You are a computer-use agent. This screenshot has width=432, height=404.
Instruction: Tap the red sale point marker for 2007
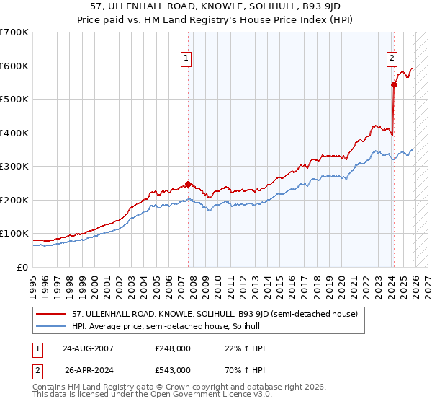(188, 184)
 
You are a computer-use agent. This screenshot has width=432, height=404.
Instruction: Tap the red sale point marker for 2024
(394, 85)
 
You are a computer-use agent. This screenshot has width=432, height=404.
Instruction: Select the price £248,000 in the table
(173, 349)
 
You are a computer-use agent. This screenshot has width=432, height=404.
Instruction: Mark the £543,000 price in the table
(173, 369)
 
